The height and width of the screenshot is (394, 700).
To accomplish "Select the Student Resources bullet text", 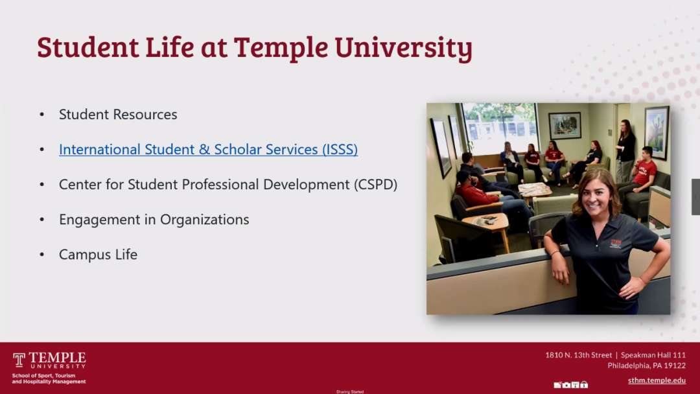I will coord(118,115).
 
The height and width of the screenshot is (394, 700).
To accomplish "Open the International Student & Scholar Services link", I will coord(208,150).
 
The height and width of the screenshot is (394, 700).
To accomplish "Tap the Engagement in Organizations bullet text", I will coord(154,220).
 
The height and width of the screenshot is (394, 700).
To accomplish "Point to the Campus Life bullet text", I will coord(98,255).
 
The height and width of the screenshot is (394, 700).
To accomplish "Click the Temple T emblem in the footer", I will coord(19,360).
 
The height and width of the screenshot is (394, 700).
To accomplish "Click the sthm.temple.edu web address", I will coord(657,380).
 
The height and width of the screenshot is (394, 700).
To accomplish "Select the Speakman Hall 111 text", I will coord(653,355).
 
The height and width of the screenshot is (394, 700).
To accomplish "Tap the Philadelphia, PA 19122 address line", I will coord(646,365).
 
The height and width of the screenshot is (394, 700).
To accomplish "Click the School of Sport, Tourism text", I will coord(43,376).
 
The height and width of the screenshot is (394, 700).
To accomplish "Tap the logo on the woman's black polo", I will coord(616,244).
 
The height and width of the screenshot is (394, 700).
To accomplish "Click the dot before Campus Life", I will coord(42,255).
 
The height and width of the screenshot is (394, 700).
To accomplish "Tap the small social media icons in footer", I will coord(570,384).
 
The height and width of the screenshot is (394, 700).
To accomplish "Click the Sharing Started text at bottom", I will coord(350,391).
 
